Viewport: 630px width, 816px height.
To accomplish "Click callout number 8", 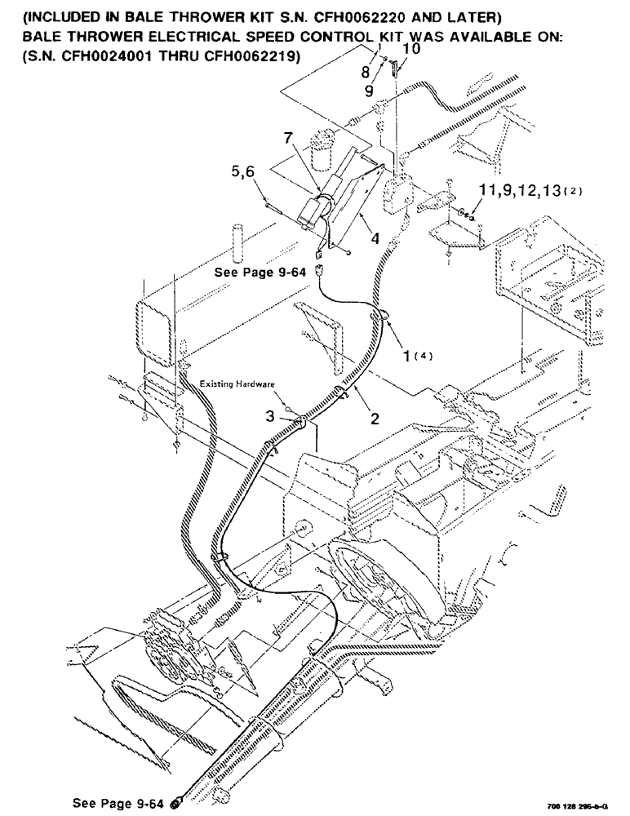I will tap(365, 72).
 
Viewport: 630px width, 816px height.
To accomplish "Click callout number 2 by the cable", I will tap(375, 419).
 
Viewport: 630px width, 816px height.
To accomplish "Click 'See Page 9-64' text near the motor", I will tap(260, 273).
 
